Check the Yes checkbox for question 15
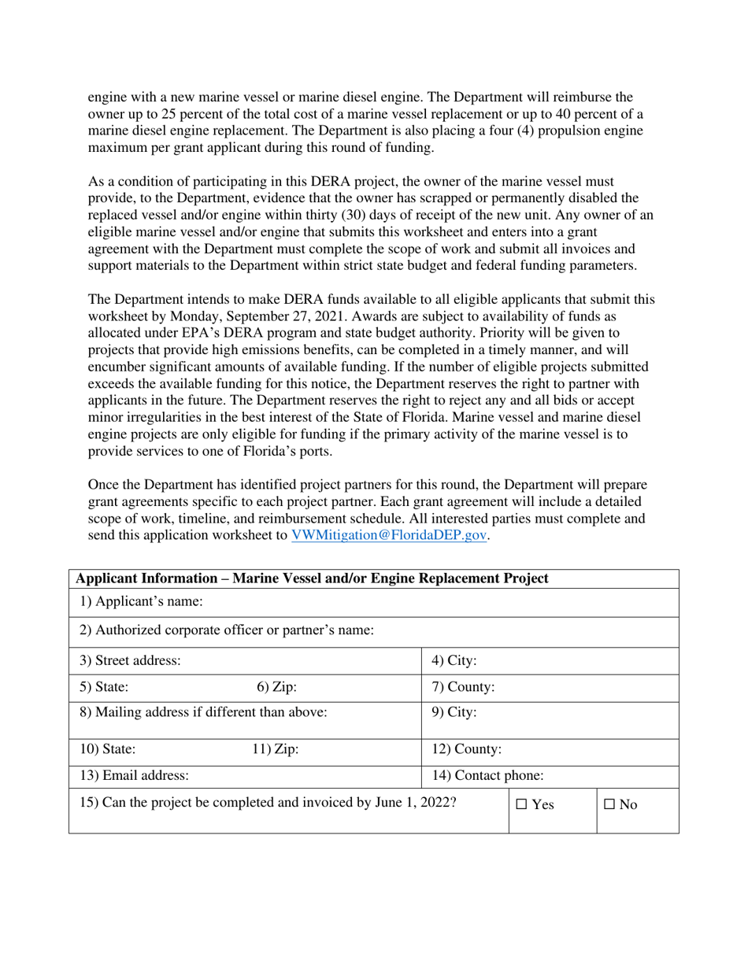pos(522,805)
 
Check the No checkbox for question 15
pos(610,805)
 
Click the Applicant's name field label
pos(131,602)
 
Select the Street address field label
pos(131,660)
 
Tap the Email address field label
pos(135,775)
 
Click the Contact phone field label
pos(488,775)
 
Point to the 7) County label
pos(464,687)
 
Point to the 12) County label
pos(468,749)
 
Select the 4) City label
pos(455,660)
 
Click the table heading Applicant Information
pos(312,578)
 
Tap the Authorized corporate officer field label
pos(227,630)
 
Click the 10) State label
pos(108,749)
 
